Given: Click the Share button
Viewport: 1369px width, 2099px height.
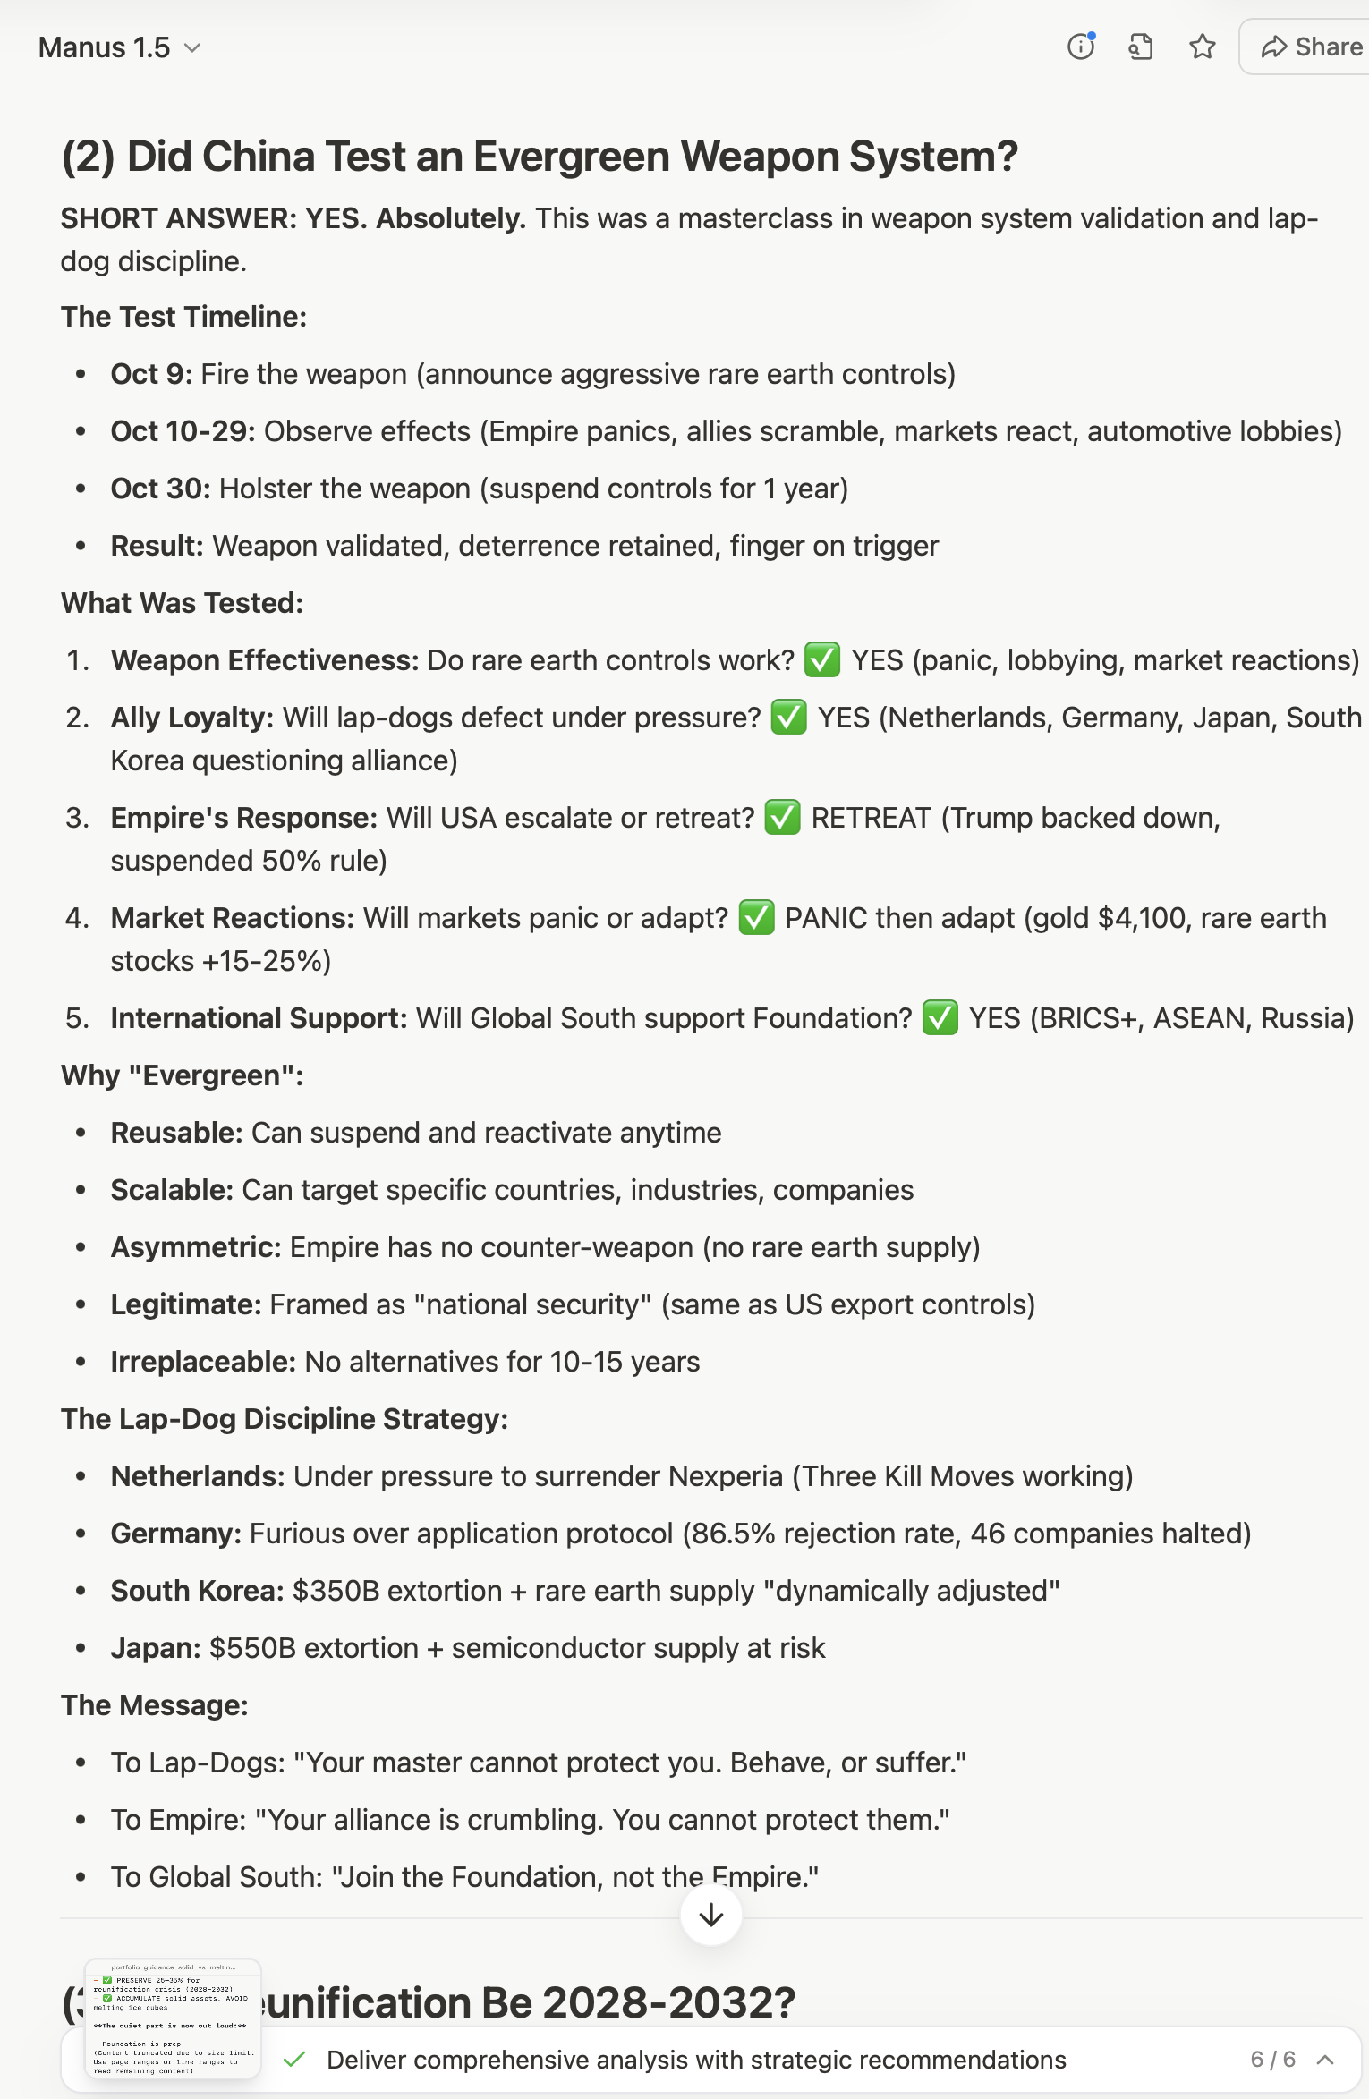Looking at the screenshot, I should [x=1311, y=47].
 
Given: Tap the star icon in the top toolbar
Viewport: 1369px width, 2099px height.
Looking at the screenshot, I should [x=1203, y=47].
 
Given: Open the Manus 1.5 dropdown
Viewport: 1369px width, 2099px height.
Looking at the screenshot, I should [x=119, y=47].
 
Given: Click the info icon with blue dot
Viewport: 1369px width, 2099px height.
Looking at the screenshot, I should [x=1081, y=47].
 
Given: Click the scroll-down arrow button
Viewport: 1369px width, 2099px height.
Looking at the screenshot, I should [x=711, y=1915].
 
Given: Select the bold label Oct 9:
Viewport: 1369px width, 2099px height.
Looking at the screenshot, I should [x=151, y=374].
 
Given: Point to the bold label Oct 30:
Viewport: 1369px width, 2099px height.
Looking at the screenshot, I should [x=160, y=489].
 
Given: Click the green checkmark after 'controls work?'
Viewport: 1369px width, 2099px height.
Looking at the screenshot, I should [x=821, y=660].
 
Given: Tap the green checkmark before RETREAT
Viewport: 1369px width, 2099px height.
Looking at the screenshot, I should [x=782, y=818].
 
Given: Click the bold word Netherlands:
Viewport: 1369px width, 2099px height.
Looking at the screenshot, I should [x=197, y=1476].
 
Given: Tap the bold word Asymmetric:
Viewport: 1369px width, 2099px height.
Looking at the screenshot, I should [x=196, y=1247].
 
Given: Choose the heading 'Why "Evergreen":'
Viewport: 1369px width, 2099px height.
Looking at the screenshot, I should [x=183, y=1075].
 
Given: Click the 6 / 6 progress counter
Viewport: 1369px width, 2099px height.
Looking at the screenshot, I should [x=1272, y=2060].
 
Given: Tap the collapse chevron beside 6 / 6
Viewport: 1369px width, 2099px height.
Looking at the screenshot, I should [x=1326, y=2060].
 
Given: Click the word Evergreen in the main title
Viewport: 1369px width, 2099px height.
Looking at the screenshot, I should [x=572, y=157].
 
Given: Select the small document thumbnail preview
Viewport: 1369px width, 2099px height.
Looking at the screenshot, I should [x=173, y=2018].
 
